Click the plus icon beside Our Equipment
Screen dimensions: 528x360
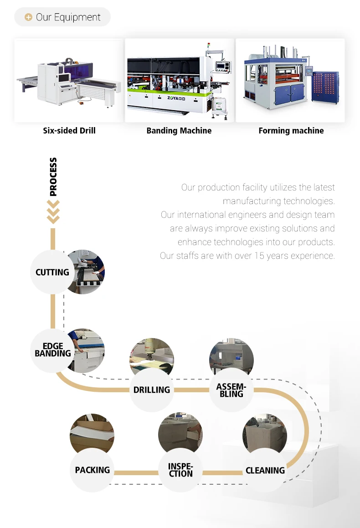(28, 17)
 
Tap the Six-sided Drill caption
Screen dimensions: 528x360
(69, 131)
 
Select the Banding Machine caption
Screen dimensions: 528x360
(179, 131)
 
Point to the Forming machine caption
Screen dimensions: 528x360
(291, 131)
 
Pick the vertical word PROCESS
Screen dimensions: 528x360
(53, 177)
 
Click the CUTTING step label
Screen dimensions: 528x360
(52, 272)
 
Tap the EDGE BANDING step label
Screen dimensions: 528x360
(53, 350)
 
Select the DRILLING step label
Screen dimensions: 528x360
(152, 390)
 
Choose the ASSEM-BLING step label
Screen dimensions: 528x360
(231, 390)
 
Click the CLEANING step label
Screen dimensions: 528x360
(265, 471)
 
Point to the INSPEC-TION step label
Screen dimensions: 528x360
(180, 470)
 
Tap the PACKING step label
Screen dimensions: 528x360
(93, 470)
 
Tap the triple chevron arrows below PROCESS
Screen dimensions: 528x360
(53, 212)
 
